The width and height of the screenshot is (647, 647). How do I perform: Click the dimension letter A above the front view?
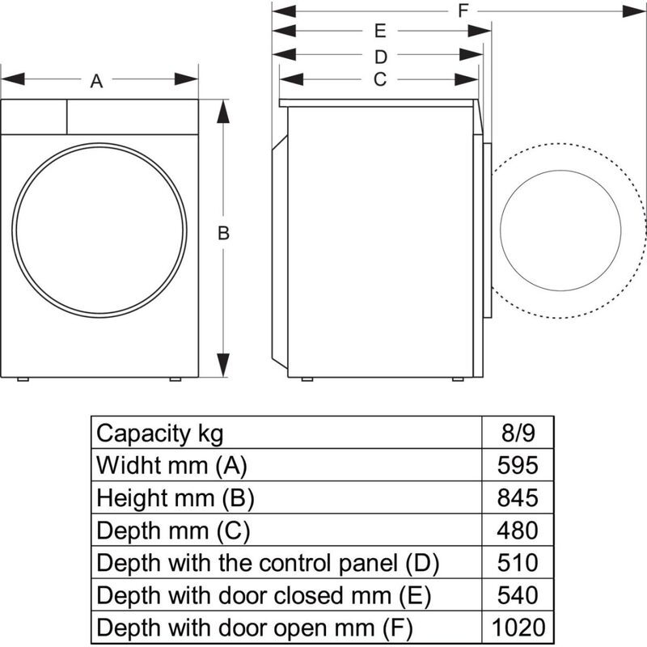pyautogui.click(x=97, y=80)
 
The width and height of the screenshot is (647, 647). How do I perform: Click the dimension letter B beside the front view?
pyautogui.click(x=224, y=234)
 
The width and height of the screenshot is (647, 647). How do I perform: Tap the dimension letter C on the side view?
pyautogui.click(x=379, y=79)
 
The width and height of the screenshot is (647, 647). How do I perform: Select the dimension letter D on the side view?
pyautogui.click(x=381, y=57)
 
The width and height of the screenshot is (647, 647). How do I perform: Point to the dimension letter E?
pyautogui.click(x=379, y=32)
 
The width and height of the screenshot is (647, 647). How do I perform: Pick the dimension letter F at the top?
pyautogui.click(x=463, y=11)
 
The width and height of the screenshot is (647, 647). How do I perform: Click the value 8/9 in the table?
pyautogui.click(x=518, y=433)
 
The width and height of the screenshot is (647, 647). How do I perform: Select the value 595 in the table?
pyautogui.click(x=518, y=466)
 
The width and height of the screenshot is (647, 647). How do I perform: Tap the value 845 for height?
pyautogui.click(x=518, y=498)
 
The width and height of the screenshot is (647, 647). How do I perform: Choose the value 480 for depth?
pyautogui.click(x=518, y=531)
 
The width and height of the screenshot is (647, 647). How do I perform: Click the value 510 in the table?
pyautogui.click(x=518, y=563)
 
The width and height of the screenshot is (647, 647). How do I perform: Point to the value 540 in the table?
pyautogui.click(x=518, y=595)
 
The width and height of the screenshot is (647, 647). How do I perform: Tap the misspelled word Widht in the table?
pyautogui.click(x=125, y=466)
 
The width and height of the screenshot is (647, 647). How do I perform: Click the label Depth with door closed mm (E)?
pyautogui.click(x=263, y=595)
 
